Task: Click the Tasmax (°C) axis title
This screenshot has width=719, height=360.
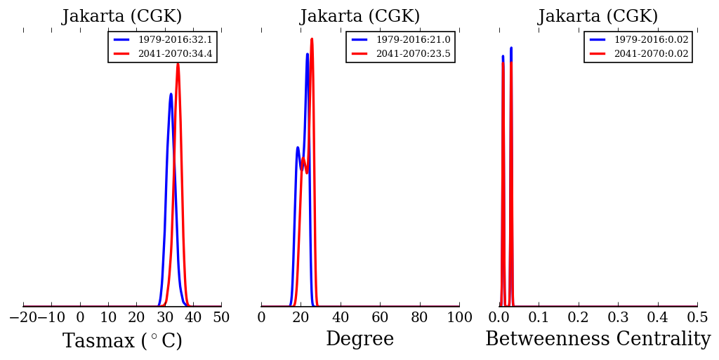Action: [x=122, y=341]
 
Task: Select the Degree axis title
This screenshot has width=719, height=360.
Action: [x=359, y=340]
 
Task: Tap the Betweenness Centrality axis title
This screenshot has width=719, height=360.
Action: [x=598, y=340]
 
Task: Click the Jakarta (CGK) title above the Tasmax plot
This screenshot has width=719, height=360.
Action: [x=122, y=17]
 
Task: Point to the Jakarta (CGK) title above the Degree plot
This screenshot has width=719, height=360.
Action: [x=360, y=17]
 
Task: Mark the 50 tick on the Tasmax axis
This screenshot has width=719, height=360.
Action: [x=221, y=317]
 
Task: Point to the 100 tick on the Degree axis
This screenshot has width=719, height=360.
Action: [x=459, y=317]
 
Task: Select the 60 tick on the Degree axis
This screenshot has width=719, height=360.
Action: [x=380, y=317]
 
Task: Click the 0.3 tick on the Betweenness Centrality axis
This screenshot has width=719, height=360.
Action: [x=618, y=317]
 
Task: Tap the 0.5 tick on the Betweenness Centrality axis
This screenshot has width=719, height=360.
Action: [x=697, y=317]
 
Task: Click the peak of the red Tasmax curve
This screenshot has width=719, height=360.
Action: [x=178, y=64]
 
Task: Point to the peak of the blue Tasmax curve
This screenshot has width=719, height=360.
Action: [x=171, y=94]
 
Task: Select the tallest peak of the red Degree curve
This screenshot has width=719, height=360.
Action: [x=312, y=39]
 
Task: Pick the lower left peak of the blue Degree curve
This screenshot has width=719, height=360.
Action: [x=298, y=147]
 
